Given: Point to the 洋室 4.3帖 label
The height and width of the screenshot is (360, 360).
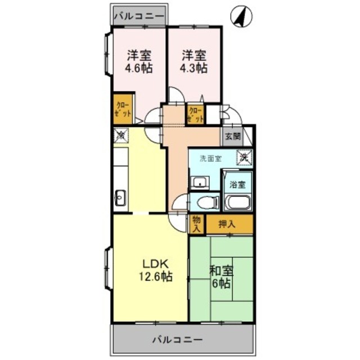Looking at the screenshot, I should click(194, 61).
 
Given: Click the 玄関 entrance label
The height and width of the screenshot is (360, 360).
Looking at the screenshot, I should click(233, 136).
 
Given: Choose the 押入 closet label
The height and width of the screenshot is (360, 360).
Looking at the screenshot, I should click(228, 224).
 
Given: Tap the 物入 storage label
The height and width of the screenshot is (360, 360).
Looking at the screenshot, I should click(196, 224).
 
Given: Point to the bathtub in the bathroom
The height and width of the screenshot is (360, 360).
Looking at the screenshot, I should click(238, 202).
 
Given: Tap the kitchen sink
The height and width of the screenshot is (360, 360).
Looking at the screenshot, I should click(120, 197).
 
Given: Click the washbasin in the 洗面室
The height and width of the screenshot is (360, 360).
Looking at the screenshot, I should click(199, 181).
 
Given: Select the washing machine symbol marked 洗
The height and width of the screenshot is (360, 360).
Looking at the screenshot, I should click(244, 158).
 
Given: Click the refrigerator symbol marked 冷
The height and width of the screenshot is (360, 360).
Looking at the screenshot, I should click(120, 135).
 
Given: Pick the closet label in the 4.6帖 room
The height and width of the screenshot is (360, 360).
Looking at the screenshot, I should click(123, 109).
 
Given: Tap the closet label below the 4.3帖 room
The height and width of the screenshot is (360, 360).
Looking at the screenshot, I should click(195, 115).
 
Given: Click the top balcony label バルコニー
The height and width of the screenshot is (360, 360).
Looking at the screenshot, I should click(139, 16).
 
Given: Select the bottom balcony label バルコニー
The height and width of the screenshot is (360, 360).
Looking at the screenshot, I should click(178, 340).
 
